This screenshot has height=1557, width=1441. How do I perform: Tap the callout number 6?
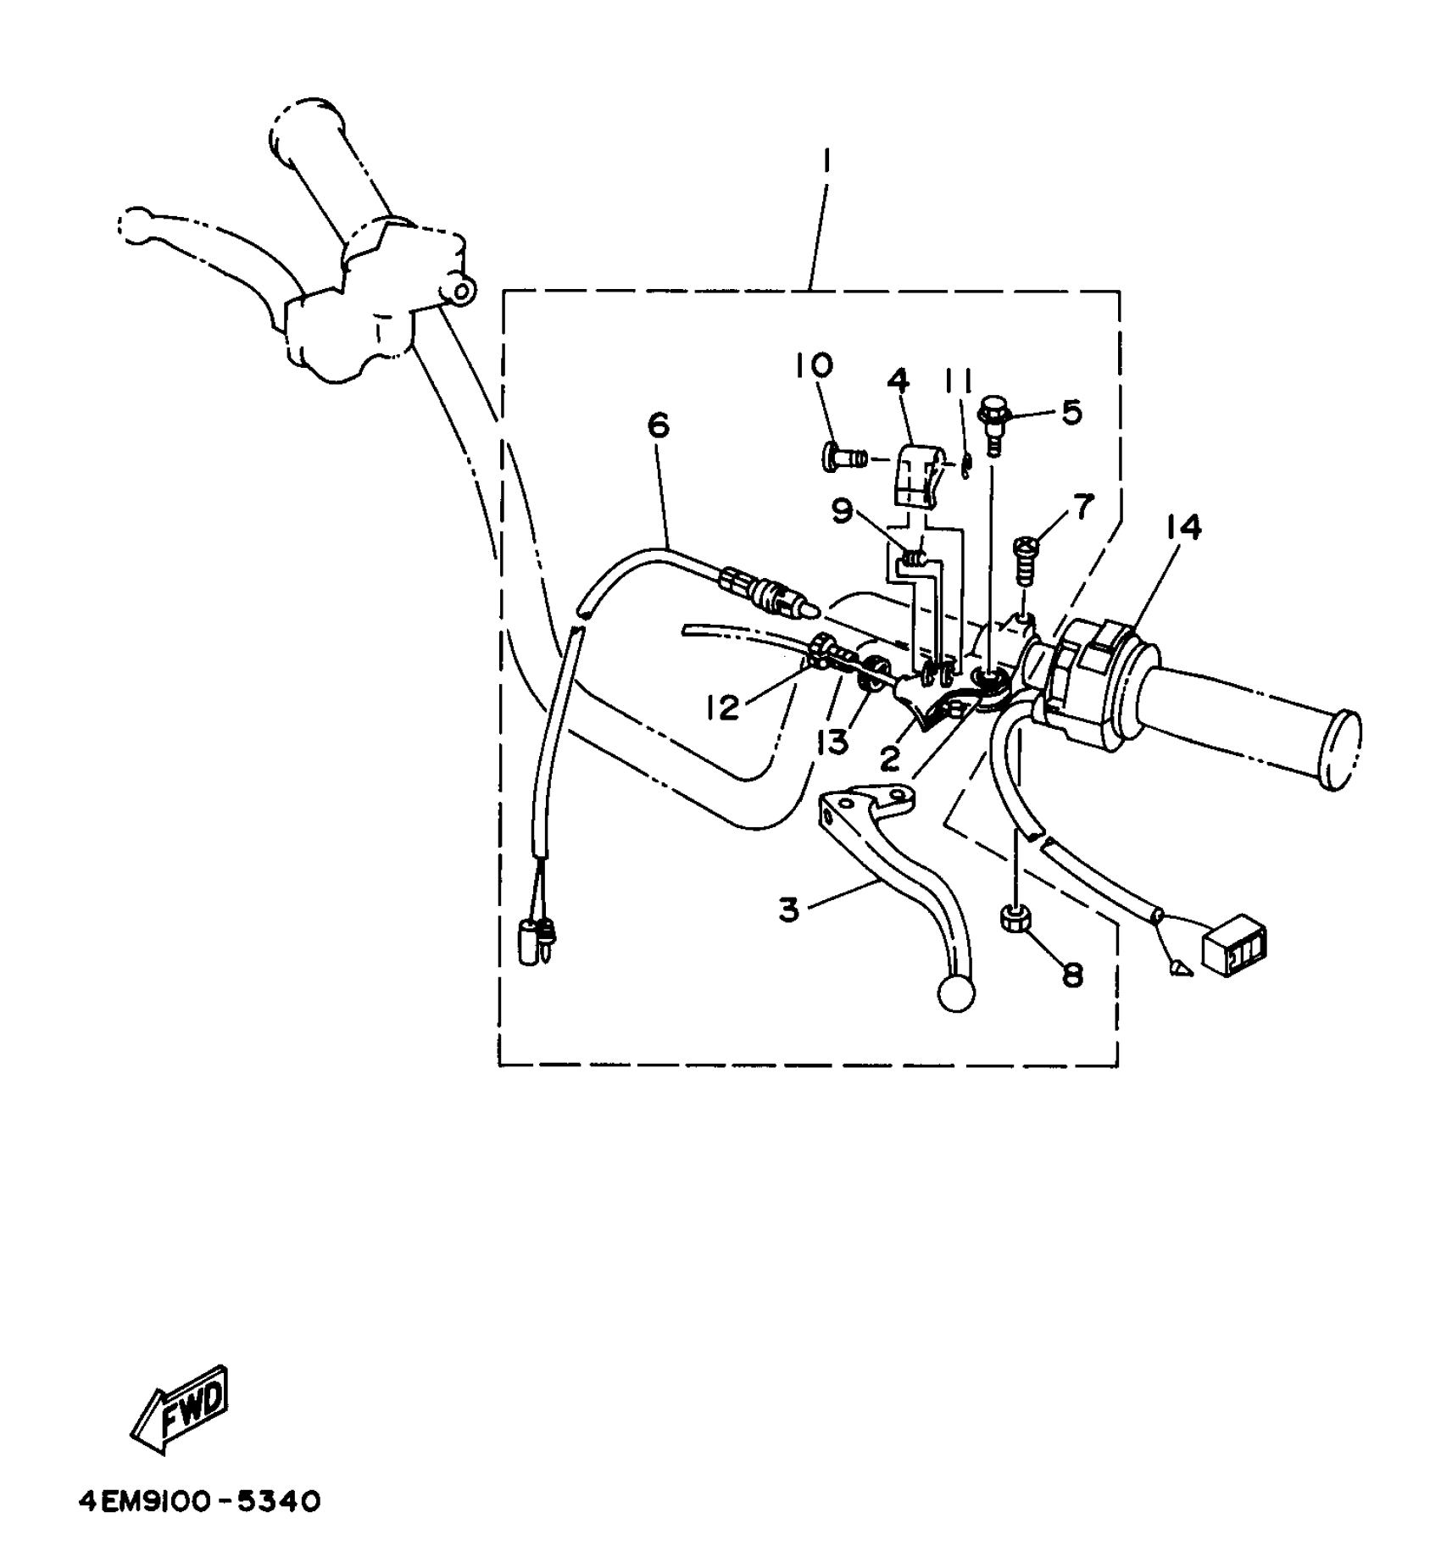pos(659,425)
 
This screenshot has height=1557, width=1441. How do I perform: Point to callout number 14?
pos(1183,527)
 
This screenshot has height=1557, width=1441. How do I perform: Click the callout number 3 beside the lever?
pos(789,910)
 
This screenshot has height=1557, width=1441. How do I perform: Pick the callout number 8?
pos(1072,975)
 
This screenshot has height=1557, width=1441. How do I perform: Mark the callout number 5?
pos(1072,413)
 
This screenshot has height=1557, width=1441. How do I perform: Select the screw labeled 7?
pos(1025,559)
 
